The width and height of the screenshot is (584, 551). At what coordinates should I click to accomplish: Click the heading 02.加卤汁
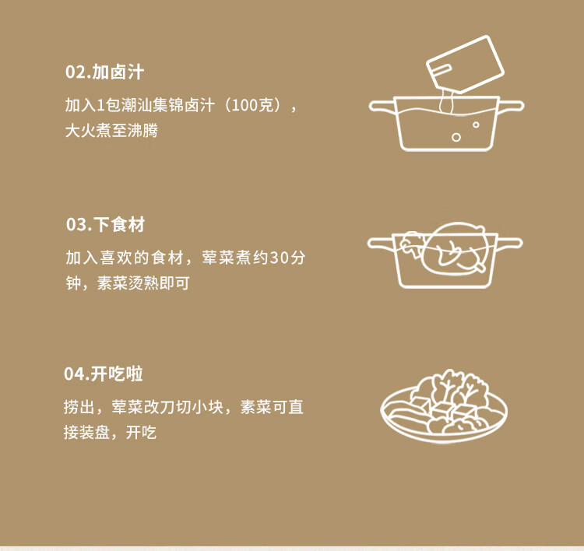104,72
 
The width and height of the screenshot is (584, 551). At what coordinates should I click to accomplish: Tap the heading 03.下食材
105,224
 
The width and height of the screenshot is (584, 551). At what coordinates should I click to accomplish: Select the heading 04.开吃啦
103,374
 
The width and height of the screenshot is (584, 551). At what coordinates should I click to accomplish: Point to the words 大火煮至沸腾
111,130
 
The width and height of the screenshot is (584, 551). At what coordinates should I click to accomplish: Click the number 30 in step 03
280,258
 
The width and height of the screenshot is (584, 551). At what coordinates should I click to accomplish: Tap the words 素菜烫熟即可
143,283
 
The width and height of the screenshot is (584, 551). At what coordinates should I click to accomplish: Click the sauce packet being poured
465,64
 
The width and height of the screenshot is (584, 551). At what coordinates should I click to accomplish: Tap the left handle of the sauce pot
382,106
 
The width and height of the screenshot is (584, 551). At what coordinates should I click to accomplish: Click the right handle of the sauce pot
511,106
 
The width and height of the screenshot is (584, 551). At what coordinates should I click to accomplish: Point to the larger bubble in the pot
456,138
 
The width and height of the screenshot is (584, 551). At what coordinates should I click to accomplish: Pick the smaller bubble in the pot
476,125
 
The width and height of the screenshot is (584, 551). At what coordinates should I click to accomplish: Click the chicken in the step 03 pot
456,247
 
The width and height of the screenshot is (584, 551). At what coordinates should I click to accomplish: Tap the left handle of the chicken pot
380,244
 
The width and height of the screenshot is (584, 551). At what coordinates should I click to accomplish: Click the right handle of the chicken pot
510,244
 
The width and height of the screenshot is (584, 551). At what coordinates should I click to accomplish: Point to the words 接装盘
86,432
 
